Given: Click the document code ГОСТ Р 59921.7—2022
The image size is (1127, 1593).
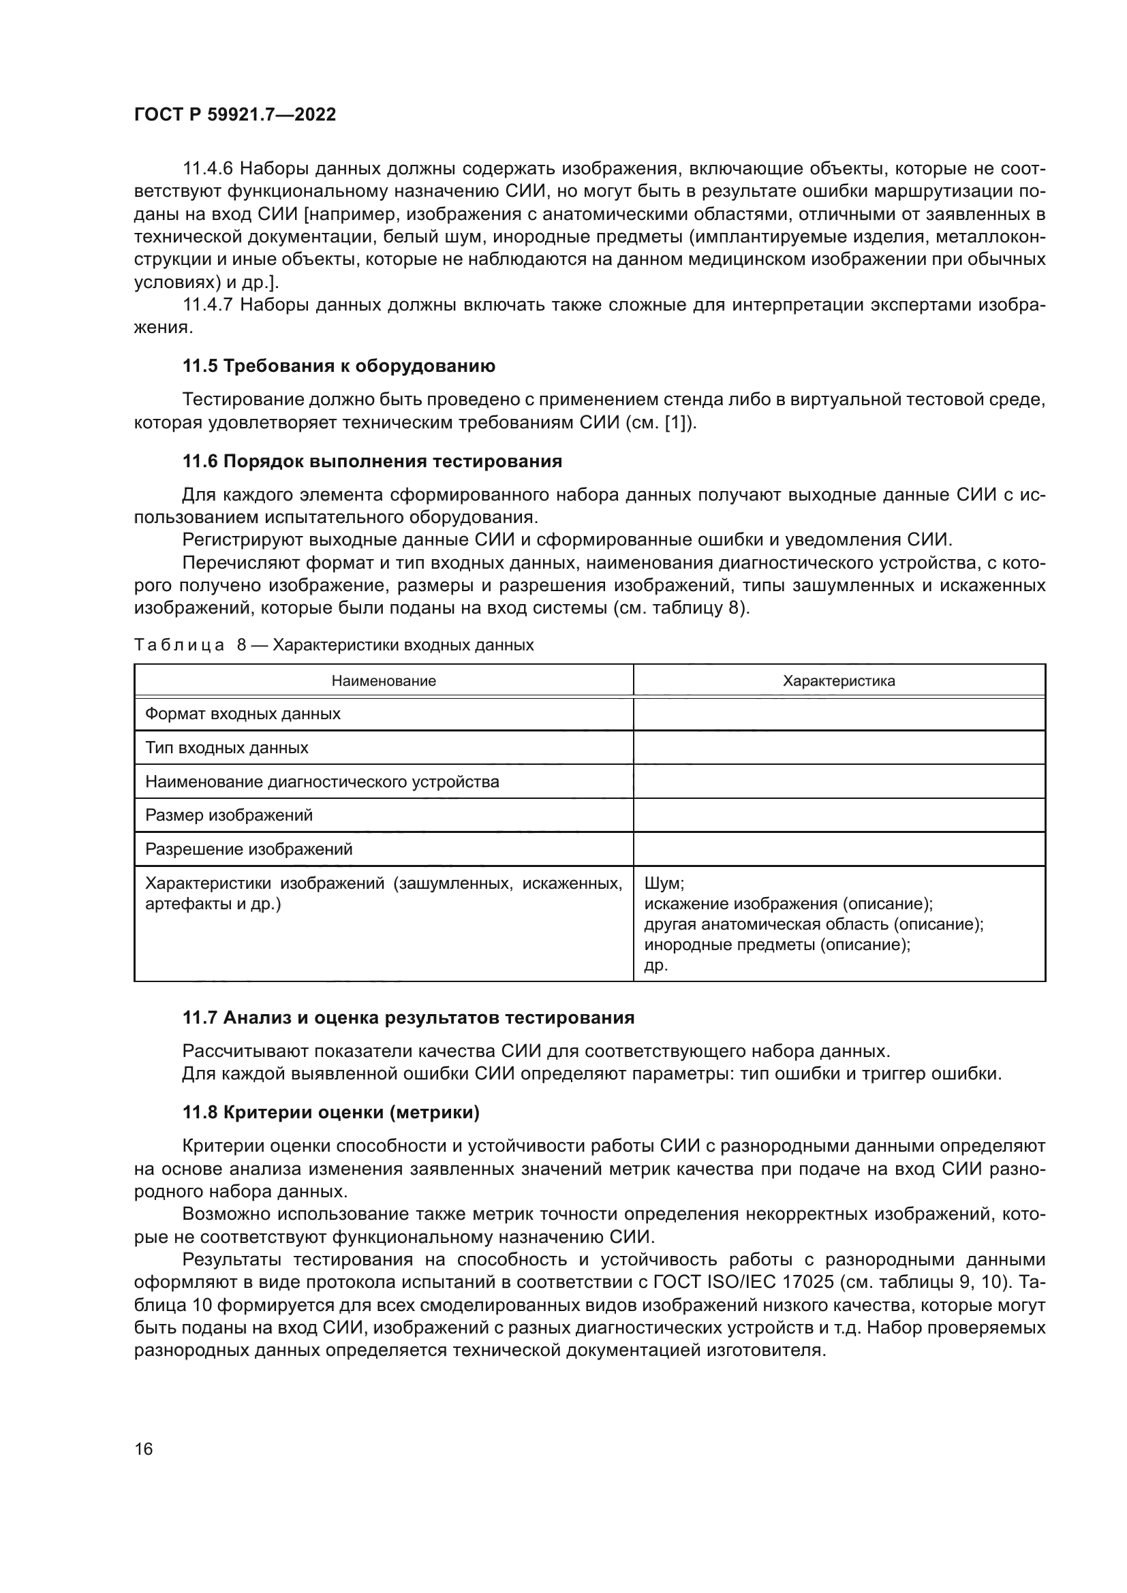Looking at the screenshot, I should (x=234, y=114).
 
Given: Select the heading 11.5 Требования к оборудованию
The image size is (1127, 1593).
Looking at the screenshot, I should (x=339, y=366).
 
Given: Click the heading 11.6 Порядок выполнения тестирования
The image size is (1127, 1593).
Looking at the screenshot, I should (x=372, y=461).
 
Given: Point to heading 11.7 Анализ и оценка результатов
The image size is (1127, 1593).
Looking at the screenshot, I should (x=408, y=1018).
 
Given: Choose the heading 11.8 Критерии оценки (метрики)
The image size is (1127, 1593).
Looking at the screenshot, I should (x=331, y=1112).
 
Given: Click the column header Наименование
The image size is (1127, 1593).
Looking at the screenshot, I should (x=384, y=680).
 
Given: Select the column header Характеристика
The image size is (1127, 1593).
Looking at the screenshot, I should (x=839, y=680).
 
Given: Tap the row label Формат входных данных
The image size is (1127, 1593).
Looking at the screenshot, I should (x=243, y=714).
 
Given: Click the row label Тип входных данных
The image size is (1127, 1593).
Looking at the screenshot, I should (x=227, y=748).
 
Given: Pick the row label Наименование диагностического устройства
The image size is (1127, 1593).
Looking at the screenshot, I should (x=322, y=782).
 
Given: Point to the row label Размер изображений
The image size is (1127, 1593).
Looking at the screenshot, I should (x=229, y=815).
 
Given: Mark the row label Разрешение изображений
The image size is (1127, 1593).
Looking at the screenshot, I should (x=249, y=849).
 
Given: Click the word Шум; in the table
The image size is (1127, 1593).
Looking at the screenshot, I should (x=664, y=883).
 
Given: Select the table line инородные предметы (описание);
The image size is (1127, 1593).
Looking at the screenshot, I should (x=777, y=944).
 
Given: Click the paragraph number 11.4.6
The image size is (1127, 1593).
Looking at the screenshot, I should (x=208, y=169).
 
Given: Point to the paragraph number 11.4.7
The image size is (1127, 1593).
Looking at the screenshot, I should (x=208, y=304).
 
